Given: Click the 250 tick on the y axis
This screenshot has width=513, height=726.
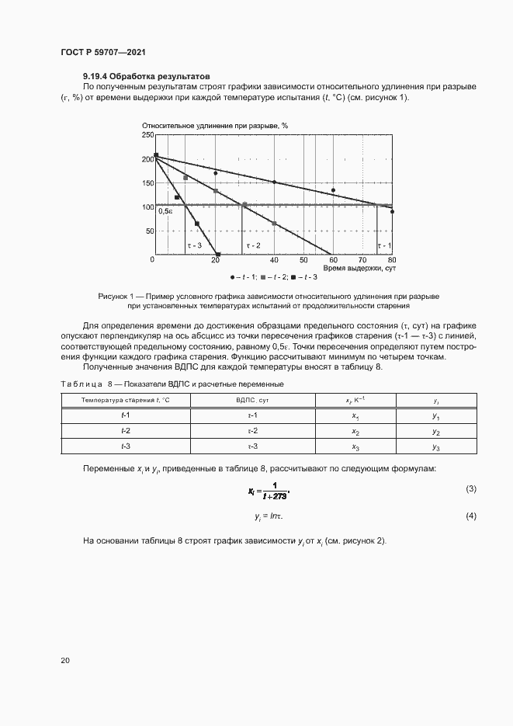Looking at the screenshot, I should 147,135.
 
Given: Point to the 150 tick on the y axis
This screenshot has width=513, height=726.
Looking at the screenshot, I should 147,183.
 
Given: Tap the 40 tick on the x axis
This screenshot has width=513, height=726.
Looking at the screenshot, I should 274,259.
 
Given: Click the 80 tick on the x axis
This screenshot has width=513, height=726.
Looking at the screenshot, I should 392,259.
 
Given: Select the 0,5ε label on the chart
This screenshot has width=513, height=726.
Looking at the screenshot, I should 165,210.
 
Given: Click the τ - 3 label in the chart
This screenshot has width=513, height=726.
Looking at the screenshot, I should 194,245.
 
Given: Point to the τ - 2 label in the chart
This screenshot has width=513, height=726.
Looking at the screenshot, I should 253,245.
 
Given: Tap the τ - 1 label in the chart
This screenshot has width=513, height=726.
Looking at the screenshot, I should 384,245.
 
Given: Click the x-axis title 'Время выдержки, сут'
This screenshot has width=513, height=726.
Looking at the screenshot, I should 359,268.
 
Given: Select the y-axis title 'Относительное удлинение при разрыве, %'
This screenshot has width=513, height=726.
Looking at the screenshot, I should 215,125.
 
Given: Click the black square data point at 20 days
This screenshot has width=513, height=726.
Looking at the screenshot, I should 218,254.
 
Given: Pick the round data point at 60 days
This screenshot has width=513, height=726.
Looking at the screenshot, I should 333,190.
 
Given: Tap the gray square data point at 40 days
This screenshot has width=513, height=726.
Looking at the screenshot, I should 274,224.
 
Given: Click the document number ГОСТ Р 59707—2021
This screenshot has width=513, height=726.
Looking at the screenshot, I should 103,52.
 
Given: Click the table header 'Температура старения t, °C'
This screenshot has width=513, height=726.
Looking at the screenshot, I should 126,400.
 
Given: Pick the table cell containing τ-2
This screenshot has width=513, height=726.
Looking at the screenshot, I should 252,431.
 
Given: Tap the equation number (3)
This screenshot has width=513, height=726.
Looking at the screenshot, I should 470,488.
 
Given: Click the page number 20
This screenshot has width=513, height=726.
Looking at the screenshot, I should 65,660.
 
